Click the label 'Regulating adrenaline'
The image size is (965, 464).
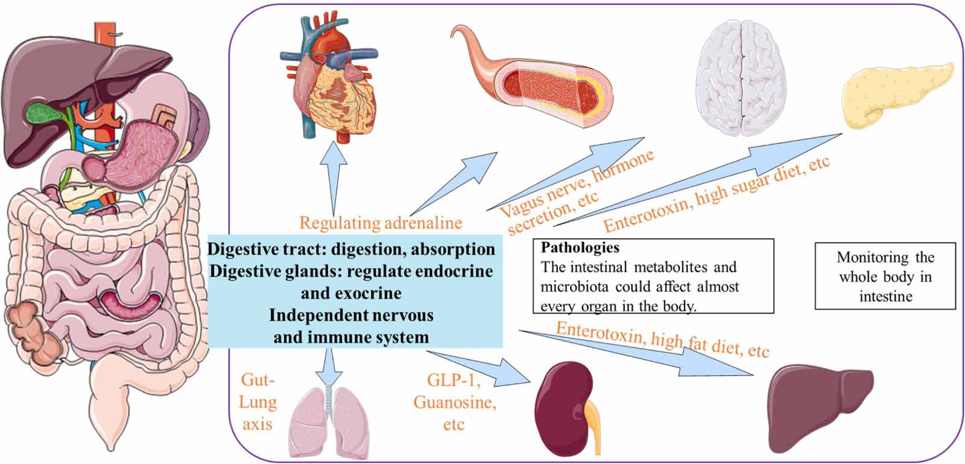click(381, 223)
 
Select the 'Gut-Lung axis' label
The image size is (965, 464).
click(258, 402)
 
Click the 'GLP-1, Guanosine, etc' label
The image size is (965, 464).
click(454, 402)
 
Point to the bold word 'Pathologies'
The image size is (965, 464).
click(580, 247)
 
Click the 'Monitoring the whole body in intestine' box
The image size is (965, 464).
click(885, 276)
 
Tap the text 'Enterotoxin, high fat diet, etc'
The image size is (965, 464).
click(662, 340)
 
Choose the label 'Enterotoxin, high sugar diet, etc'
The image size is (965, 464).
click(717, 194)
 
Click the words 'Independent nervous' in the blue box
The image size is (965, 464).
click(351, 316)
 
